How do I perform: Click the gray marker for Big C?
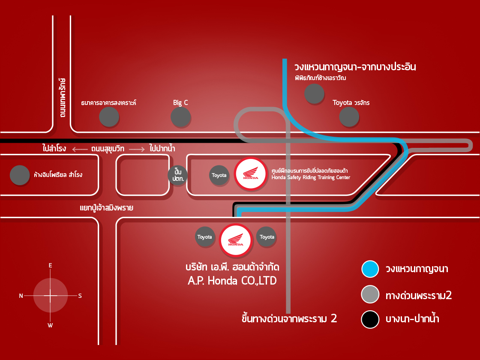point(180,117)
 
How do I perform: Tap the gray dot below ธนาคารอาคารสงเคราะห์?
point(109,117)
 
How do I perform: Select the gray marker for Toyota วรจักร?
point(349,117)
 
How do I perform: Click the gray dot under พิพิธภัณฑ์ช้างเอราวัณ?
point(314,93)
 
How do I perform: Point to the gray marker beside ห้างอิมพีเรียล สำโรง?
point(19,175)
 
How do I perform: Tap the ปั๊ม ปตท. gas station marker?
point(178,175)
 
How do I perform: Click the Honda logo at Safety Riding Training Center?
point(251,174)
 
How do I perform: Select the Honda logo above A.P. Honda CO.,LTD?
point(235,240)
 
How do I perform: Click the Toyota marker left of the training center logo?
point(219,175)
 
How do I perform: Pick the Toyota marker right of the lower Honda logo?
point(267,237)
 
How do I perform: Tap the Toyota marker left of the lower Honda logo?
point(204,237)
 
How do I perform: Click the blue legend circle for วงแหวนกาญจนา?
point(370,269)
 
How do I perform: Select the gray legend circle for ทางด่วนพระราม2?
point(370,294)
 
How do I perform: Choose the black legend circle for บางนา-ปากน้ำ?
point(370,319)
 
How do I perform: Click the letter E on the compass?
point(51,266)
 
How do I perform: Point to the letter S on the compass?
point(80,296)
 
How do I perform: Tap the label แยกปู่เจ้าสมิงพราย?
point(106,208)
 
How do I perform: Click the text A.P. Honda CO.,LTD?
point(232,281)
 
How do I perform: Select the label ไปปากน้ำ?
point(163,149)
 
